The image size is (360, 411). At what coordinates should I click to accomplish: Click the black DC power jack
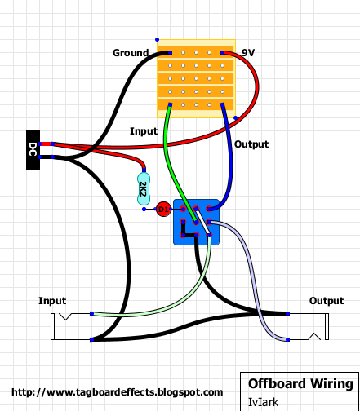(33, 150)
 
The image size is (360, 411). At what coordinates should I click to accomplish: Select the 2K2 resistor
(144, 189)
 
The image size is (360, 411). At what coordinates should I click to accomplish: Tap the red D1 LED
(162, 210)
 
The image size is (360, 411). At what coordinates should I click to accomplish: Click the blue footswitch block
(197, 222)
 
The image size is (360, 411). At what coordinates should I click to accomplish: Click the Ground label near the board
(131, 53)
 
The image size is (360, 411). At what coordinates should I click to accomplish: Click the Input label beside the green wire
(144, 130)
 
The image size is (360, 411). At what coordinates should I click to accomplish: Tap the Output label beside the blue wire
(251, 144)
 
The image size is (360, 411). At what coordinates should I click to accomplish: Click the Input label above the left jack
(52, 301)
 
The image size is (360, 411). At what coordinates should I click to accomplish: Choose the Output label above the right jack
(326, 301)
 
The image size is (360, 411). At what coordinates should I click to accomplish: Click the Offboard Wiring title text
(300, 383)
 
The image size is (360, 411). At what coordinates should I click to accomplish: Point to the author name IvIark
(264, 401)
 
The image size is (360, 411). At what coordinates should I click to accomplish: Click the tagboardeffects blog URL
(118, 392)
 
